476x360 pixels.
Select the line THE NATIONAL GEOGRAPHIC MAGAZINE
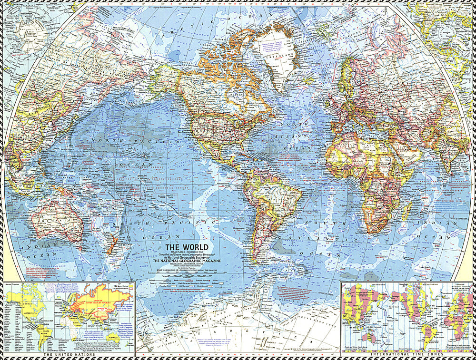point(188,261)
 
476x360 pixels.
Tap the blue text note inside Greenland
point(271,48)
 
